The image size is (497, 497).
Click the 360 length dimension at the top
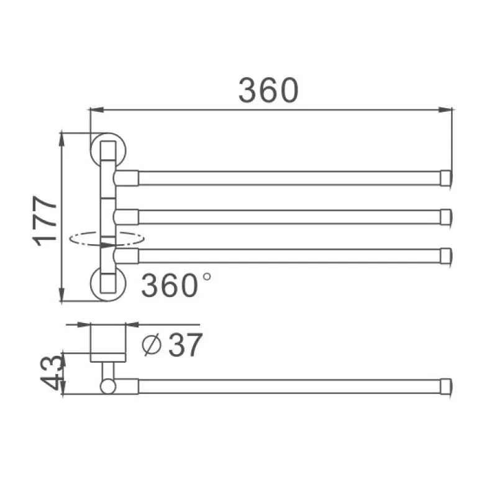coord(268,91)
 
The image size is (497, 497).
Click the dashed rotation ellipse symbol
coord(107,238)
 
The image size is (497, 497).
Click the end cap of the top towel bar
coord(445,178)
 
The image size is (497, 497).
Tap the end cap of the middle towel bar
coord(445,216)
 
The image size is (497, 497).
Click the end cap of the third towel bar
coord(445,256)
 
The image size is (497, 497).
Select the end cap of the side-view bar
coord(445,386)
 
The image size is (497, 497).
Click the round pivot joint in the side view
coord(108,386)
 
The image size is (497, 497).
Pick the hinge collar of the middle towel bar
coord(126,216)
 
